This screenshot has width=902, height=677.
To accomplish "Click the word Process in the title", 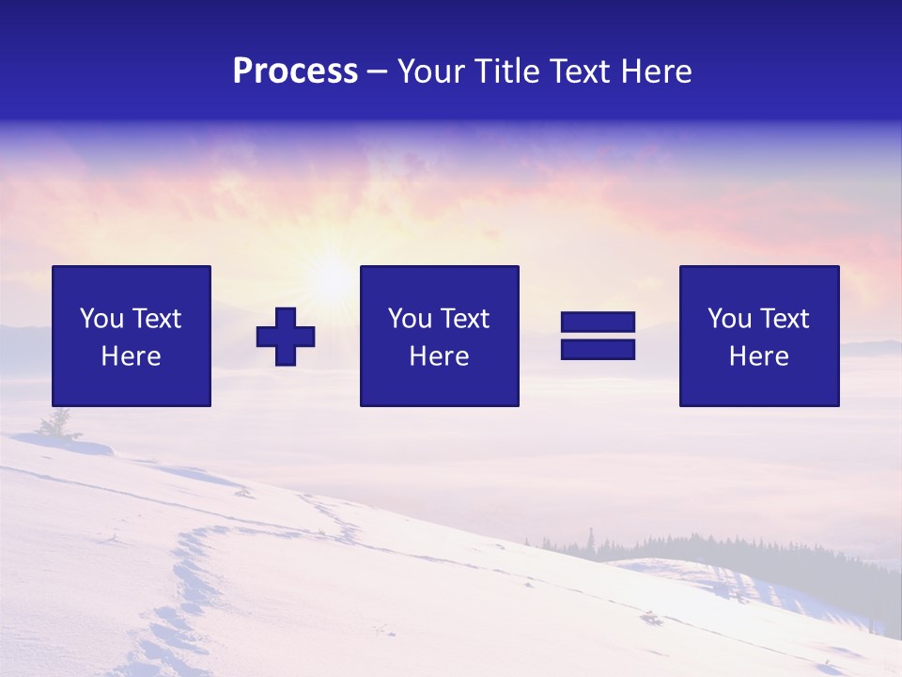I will (x=295, y=71).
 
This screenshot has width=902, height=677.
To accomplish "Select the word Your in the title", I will (x=433, y=71).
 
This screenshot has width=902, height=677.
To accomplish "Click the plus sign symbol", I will (x=286, y=336).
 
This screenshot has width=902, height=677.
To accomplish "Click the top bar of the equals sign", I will (x=598, y=323).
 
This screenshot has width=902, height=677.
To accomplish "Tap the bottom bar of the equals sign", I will (x=598, y=349).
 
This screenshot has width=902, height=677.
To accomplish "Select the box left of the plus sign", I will (x=131, y=336).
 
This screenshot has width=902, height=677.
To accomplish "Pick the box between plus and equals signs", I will (x=439, y=336).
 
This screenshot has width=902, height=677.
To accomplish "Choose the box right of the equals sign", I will (x=758, y=336).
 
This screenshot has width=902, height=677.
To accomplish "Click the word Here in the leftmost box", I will (x=131, y=356).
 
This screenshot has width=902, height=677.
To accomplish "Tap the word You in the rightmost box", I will (x=729, y=319).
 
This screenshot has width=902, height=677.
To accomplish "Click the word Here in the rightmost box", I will (x=758, y=356).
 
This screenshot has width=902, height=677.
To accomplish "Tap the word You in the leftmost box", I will (x=101, y=319).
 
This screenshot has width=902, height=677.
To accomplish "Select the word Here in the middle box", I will (x=439, y=356).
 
